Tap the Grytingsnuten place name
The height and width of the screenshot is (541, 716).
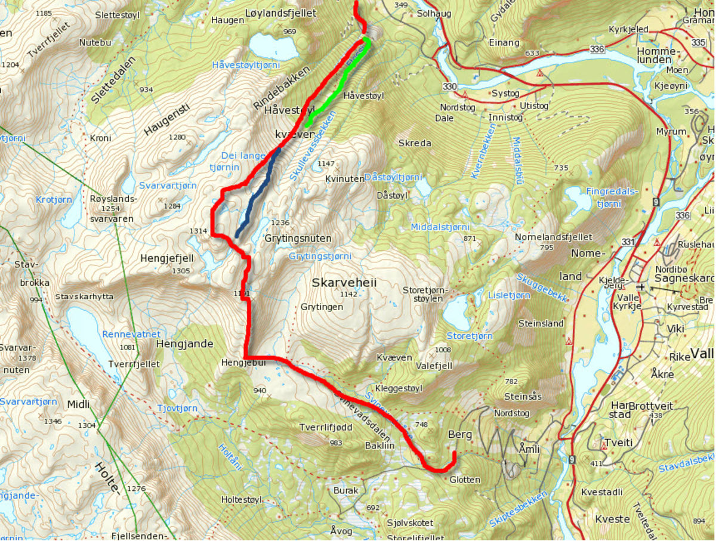coord(298,238)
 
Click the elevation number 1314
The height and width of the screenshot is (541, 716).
coord(197,231)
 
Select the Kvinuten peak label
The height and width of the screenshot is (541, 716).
coord(345,178)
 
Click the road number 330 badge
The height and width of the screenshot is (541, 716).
coord(450,87)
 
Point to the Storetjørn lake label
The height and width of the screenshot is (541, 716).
coord(470,336)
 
